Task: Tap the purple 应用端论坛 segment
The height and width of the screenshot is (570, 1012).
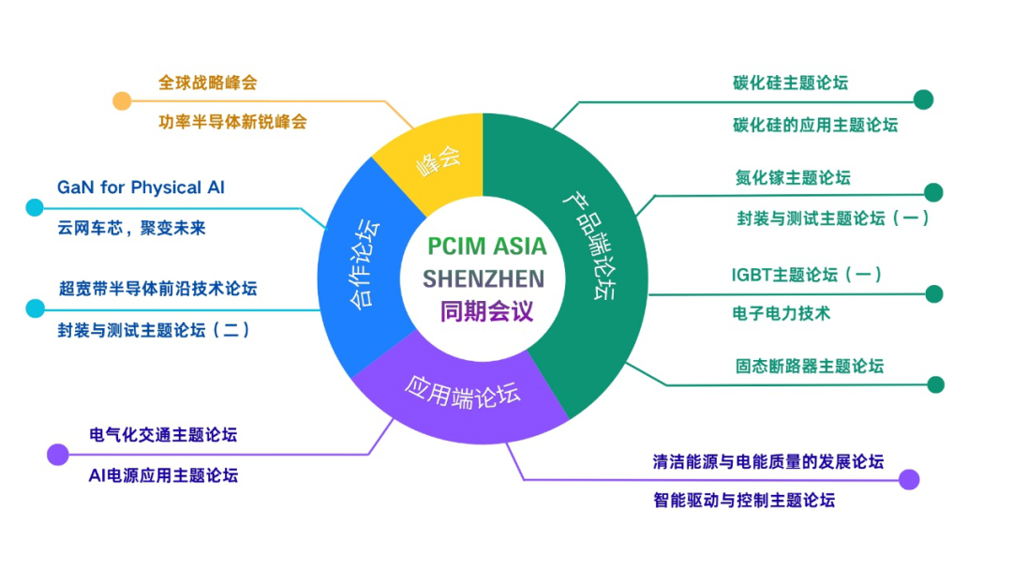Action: tap(461, 394)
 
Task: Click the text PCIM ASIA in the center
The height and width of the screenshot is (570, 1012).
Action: tap(486, 246)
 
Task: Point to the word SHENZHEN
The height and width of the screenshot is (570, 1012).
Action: tap(484, 278)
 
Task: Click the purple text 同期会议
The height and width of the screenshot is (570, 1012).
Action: tap(486, 312)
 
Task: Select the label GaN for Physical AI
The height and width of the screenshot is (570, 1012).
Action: tap(141, 187)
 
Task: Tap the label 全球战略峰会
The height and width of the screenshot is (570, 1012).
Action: tap(208, 82)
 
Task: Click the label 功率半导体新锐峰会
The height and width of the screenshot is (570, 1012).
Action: tap(232, 122)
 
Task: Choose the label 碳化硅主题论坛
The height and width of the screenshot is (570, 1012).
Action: tap(790, 82)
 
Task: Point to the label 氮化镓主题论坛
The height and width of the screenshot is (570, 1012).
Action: tap(793, 177)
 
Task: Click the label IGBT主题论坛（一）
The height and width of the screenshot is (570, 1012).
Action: tap(807, 275)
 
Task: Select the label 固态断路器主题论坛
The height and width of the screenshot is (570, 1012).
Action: tap(810, 366)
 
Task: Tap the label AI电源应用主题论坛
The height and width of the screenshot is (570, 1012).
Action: tap(163, 475)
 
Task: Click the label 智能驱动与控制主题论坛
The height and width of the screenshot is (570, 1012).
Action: tap(743, 501)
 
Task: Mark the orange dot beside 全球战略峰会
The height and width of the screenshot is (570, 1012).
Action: tap(122, 100)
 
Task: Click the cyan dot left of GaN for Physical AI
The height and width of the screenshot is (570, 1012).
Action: tap(35, 207)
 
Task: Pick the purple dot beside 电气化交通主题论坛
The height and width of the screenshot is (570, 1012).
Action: tap(58, 455)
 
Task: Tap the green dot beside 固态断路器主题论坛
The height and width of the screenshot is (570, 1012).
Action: tap(936, 384)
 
